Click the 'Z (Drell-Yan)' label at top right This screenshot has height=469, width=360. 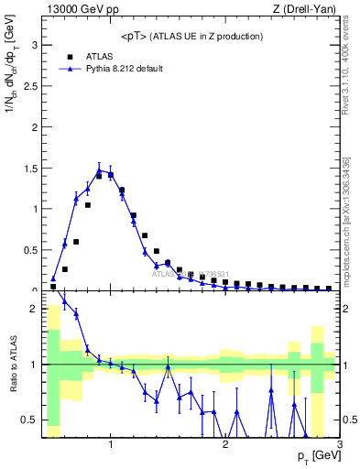(309, 10)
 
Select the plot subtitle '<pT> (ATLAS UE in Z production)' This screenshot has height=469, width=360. (192, 36)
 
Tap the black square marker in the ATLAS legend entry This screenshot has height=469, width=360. (69, 56)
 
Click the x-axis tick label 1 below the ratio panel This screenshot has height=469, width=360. (111, 445)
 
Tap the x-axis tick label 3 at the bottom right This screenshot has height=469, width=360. (339, 445)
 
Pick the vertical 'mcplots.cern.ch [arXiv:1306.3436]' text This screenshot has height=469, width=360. (350, 211)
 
